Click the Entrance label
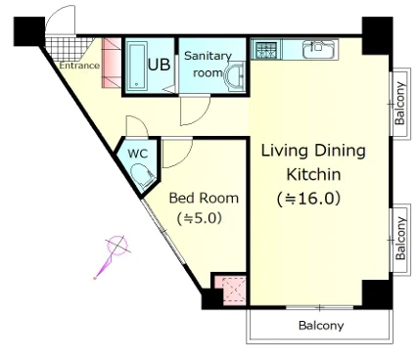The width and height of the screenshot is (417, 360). coord(79,66)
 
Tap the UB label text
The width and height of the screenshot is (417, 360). coord(159,65)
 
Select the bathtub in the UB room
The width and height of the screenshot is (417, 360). coord(137,66)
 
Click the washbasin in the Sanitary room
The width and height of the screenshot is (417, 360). coord(235,75)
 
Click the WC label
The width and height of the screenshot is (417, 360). coord(137,154)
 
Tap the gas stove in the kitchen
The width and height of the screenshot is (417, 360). coord(266,50)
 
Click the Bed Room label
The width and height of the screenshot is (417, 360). coord(204,198)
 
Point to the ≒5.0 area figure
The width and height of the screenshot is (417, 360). coord(200,218)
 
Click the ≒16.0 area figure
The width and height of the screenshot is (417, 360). coord(308,199)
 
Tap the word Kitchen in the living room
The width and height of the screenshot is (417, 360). coord(313,174)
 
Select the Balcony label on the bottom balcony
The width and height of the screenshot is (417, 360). coord(321,326)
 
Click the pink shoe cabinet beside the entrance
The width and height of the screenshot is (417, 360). coord(112,63)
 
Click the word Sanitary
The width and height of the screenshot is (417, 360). coord(208,56)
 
